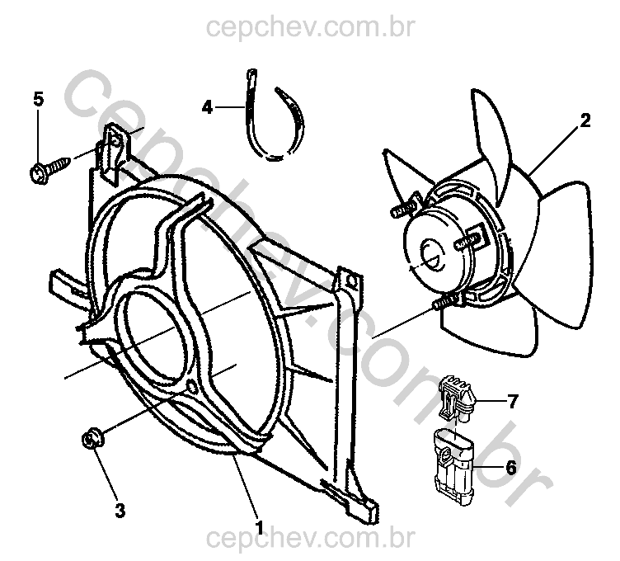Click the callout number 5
point(39,99)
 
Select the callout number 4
point(207,106)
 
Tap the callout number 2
point(585,120)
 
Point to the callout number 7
point(513,401)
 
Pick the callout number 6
point(511,468)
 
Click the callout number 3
point(120,510)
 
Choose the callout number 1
point(260,528)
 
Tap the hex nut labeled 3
point(92,439)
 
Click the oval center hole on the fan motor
point(432,255)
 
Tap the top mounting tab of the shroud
point(115,153)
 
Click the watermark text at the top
point(311,27)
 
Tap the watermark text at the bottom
point(311,538)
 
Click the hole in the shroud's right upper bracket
point(350,281)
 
